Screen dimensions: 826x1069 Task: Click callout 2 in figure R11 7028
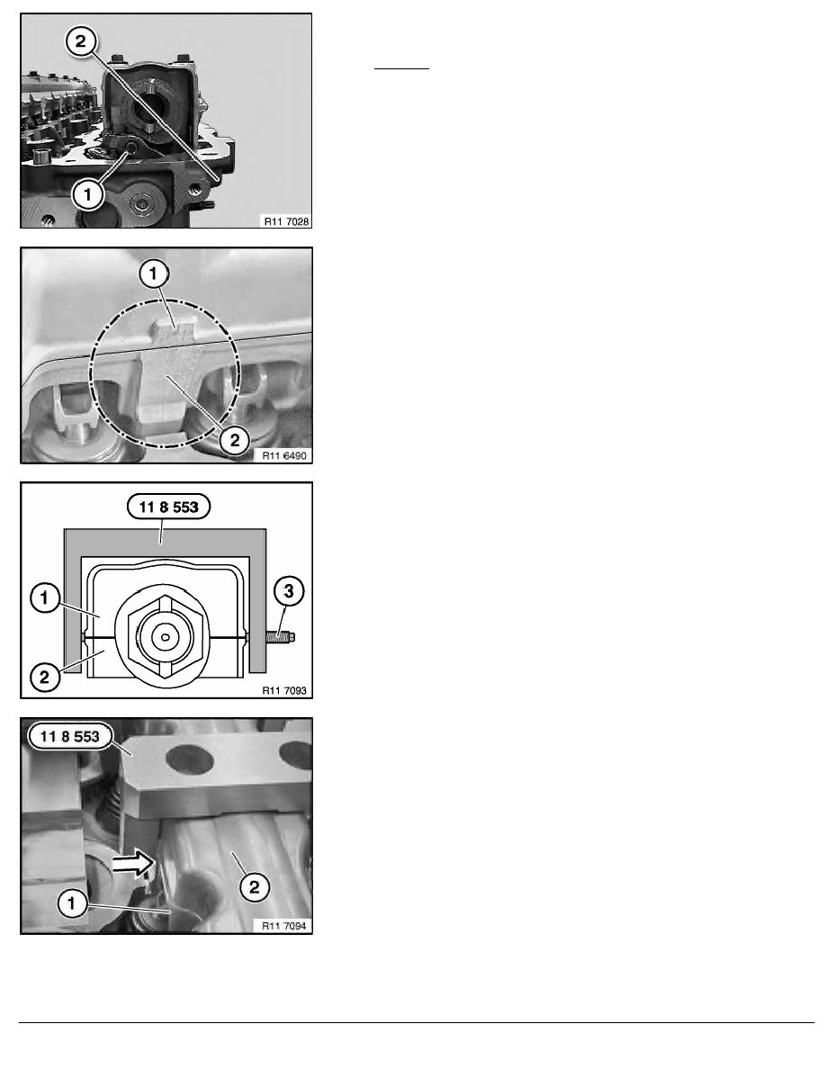80,41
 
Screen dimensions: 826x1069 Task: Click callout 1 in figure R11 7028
87,195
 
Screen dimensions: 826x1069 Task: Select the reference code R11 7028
286,220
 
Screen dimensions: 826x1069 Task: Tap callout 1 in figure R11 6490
153,274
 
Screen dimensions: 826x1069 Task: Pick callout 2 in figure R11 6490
235,440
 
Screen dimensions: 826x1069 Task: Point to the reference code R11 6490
285,455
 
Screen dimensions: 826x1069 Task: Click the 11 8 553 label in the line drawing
168,507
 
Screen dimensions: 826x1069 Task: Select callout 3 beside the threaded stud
288,590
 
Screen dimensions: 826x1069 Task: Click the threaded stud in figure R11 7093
280,638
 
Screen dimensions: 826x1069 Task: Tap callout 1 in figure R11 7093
45,597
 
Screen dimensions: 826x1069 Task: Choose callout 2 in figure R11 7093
45,678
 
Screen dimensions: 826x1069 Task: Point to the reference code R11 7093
285,691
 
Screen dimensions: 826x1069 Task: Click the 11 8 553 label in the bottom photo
69,736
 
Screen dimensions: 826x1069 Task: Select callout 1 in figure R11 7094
72,904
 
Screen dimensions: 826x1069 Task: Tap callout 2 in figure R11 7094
255,887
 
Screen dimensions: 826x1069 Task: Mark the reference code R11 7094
285,926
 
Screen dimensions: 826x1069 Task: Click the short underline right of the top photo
401,69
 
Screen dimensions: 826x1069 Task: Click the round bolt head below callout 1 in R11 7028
142,203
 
